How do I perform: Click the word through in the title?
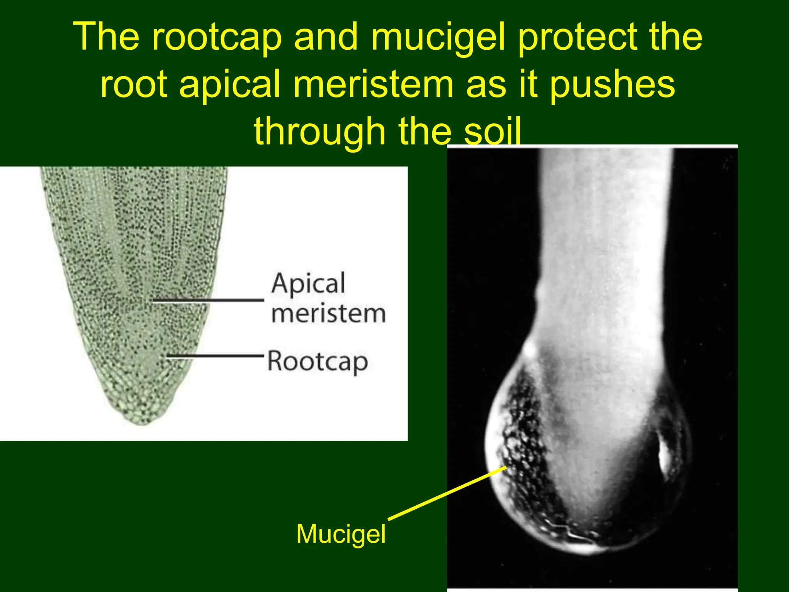point(319,132)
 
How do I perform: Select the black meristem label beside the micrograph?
point(328,314)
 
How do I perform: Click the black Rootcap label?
point(317,362)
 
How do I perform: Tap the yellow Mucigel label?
point(341,534)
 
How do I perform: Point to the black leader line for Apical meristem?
point(208,300)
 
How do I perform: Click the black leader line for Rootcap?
point(216,355)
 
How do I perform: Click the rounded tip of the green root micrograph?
point(143,418)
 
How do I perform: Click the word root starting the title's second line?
point(133,86)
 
